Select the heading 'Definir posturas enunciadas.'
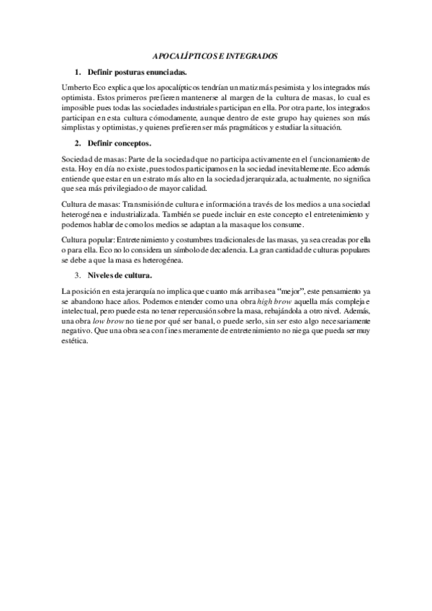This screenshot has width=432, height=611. [x=137, y=72]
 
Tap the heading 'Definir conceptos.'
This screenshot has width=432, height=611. [x=120, y=144]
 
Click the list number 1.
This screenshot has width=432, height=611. [x=78, y=72]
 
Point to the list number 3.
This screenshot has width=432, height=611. [x=78, y=275]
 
